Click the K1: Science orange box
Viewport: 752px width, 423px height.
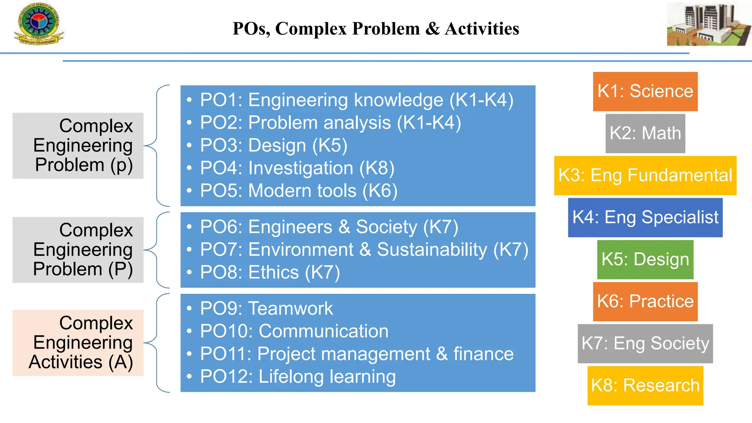(x=645, y=91)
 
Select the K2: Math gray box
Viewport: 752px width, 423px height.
(x=645, y=133)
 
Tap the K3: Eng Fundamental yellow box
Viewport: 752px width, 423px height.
(x=645, y=176)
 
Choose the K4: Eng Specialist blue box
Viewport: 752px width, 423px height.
(x=645, y=217)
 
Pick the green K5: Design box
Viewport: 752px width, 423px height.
(x=645, y=260)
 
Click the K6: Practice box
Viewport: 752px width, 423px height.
(x=645, y=301)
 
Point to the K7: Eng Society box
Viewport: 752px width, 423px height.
(x=645, y=344)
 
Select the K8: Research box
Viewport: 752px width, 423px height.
(x=645, y=386)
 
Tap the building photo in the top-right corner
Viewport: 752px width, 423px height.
(x=709, y=24)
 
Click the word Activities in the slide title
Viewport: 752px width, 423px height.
(x=482, y=29)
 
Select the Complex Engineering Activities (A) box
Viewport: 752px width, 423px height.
(x=78, y=343)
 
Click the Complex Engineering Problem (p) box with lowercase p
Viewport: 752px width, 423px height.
(x=78, y=145)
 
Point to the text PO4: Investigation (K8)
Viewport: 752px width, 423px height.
(x=297, y=168)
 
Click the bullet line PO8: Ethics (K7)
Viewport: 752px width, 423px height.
(x=270, y=272)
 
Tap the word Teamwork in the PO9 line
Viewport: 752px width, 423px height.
(x=290, y=308)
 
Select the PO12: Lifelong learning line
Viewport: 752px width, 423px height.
(x=298, y=377)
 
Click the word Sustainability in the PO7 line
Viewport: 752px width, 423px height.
(x=432, y=250)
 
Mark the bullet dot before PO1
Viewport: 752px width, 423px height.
(x=189, y=100)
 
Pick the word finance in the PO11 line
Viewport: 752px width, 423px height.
(x=483, y=354)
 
